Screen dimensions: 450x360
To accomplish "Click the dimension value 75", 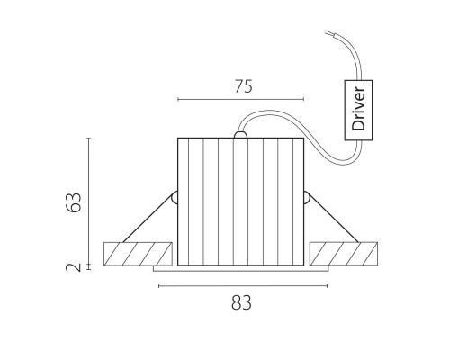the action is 244,86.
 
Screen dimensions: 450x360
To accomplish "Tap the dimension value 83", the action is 241,302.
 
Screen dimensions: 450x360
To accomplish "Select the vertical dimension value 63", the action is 74,202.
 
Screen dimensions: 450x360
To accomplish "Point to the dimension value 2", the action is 74,267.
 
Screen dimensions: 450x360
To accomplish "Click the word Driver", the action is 359,109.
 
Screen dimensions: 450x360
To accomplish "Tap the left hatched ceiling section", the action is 138,254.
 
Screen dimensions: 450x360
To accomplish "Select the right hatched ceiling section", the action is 344,254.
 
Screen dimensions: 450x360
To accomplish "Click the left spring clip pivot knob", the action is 175,198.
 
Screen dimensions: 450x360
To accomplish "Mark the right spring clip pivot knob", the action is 307,198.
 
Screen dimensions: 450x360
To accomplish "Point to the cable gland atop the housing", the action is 240,135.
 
